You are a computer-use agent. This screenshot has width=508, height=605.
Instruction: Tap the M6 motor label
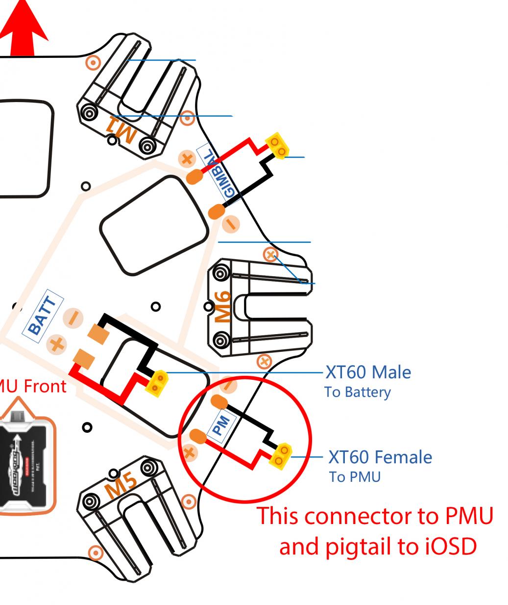click(223, 307)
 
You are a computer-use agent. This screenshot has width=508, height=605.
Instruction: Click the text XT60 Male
click(368, 372)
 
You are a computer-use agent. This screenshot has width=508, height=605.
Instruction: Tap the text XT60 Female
click(380, 457)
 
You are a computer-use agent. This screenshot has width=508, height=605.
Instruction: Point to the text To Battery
click(357, 392)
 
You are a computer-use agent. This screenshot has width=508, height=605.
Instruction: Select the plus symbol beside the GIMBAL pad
click(186, 158)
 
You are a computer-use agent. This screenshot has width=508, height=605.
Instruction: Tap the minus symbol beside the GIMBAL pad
click(231, 224)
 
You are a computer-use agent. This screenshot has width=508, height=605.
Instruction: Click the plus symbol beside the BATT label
click(57, 343)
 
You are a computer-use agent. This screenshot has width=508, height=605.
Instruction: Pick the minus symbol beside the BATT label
click(73, 318)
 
